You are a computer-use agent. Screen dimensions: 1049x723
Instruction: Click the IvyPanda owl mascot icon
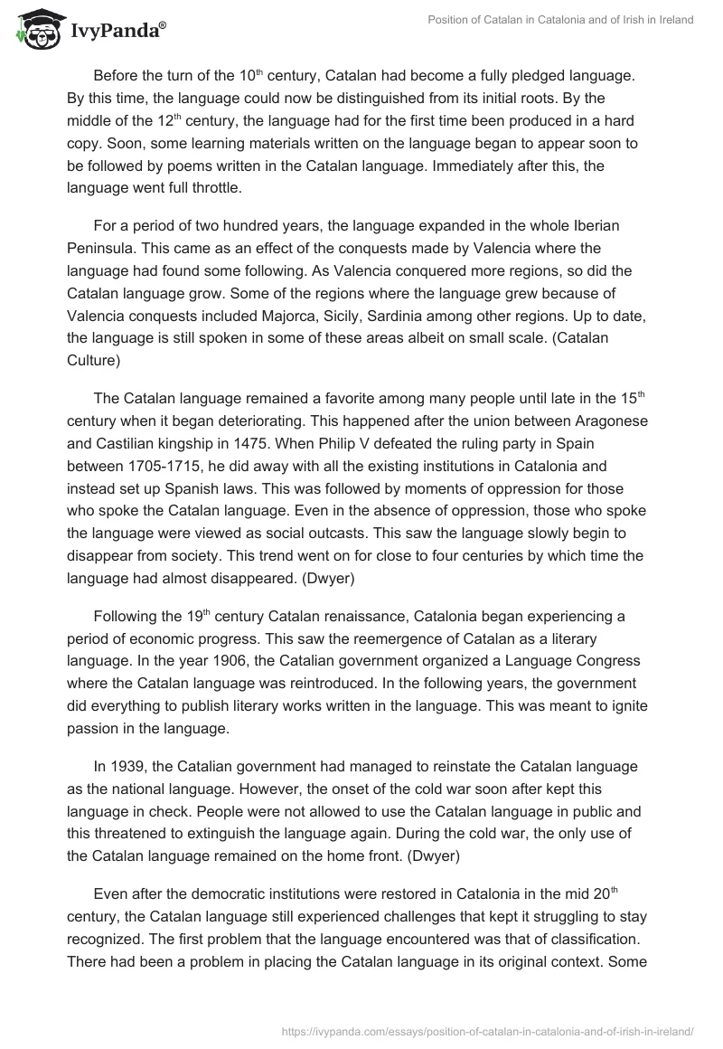tap(33, 30)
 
